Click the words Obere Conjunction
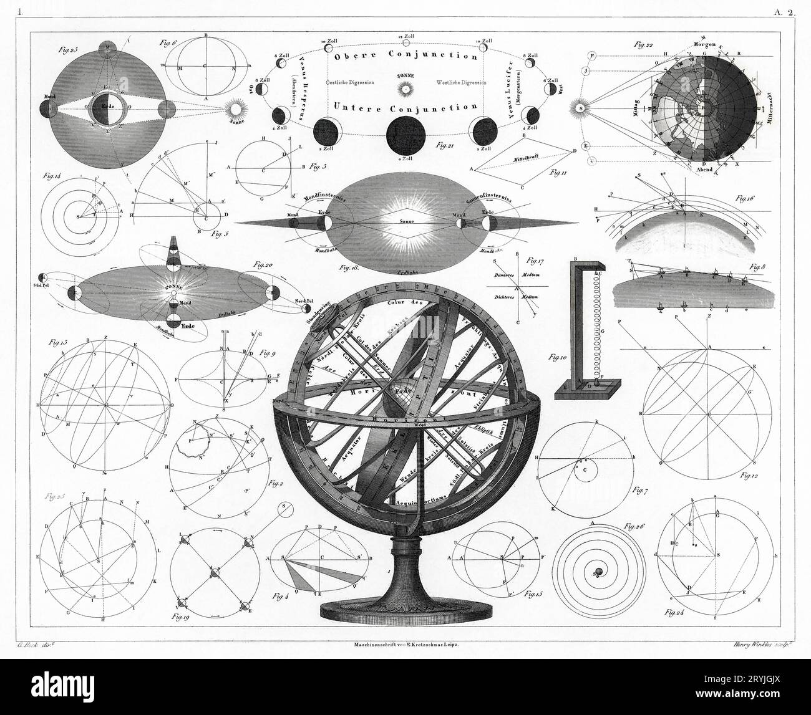coord(405,55)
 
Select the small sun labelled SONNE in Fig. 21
coord(406,89)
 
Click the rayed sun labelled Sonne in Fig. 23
coord(236,110)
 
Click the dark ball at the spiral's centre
coord(597,572)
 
